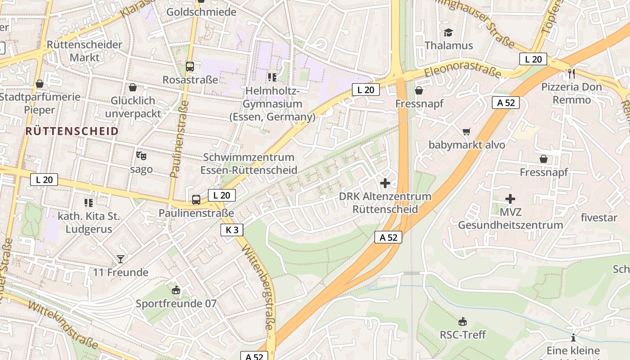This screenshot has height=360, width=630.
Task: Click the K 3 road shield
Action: pos(232,230)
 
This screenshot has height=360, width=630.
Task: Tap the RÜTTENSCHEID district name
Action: pos(72,131)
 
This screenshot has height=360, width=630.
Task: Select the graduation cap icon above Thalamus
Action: pos(448,32)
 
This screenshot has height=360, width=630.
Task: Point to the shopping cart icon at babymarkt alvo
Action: pos(467,131)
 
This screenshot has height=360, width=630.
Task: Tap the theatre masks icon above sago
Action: pos(141,156)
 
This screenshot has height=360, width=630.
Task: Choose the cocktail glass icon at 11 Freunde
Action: pos(121,259)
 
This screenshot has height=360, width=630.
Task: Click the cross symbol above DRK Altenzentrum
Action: pos(385,183)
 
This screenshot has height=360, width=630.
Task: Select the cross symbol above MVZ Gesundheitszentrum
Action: pos(510,198)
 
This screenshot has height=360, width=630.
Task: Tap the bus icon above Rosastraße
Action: pos(190,67)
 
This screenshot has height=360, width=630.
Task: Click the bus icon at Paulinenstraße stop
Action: pos(196,199)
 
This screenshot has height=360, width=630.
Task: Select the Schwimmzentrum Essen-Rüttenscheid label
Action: pos(248,163)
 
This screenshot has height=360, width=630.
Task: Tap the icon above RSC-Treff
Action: pos(463,321)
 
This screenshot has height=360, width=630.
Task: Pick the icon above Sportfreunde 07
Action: pos(176,290)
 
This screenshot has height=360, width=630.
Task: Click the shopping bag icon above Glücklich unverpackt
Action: pos(133,87)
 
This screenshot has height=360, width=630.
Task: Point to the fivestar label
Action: pos(599,218)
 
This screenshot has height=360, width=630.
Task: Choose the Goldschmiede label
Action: pos(201,12)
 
